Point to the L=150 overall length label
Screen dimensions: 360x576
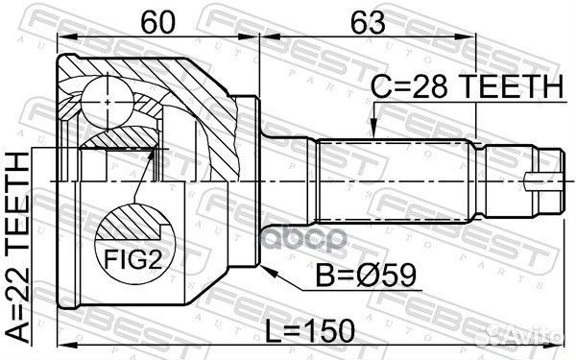tap(314, 332)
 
